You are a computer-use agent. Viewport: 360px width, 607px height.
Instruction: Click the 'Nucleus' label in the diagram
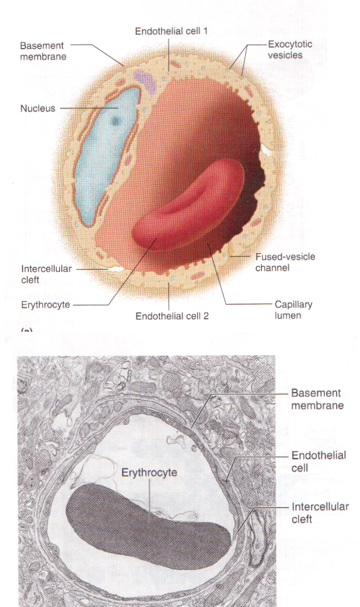[x=38, y=109]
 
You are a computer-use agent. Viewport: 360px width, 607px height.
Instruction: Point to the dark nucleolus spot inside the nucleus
[x=116, y=120]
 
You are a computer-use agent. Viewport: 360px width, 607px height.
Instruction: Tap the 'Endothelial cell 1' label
[x=171, y=32]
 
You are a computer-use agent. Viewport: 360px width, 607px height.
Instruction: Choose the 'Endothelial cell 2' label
[x=172, y=316]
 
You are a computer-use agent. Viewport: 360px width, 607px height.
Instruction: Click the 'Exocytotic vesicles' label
[x=290, y=50]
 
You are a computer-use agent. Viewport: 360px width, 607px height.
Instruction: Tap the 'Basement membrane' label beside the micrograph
[x=317, y=399]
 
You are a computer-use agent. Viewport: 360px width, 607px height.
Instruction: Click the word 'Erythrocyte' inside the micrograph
[x=149, y=473]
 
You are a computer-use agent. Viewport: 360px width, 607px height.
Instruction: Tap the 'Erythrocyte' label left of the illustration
[x=42, y=304]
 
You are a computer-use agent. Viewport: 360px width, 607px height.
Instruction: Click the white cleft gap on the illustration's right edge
[x=264, y=150]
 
